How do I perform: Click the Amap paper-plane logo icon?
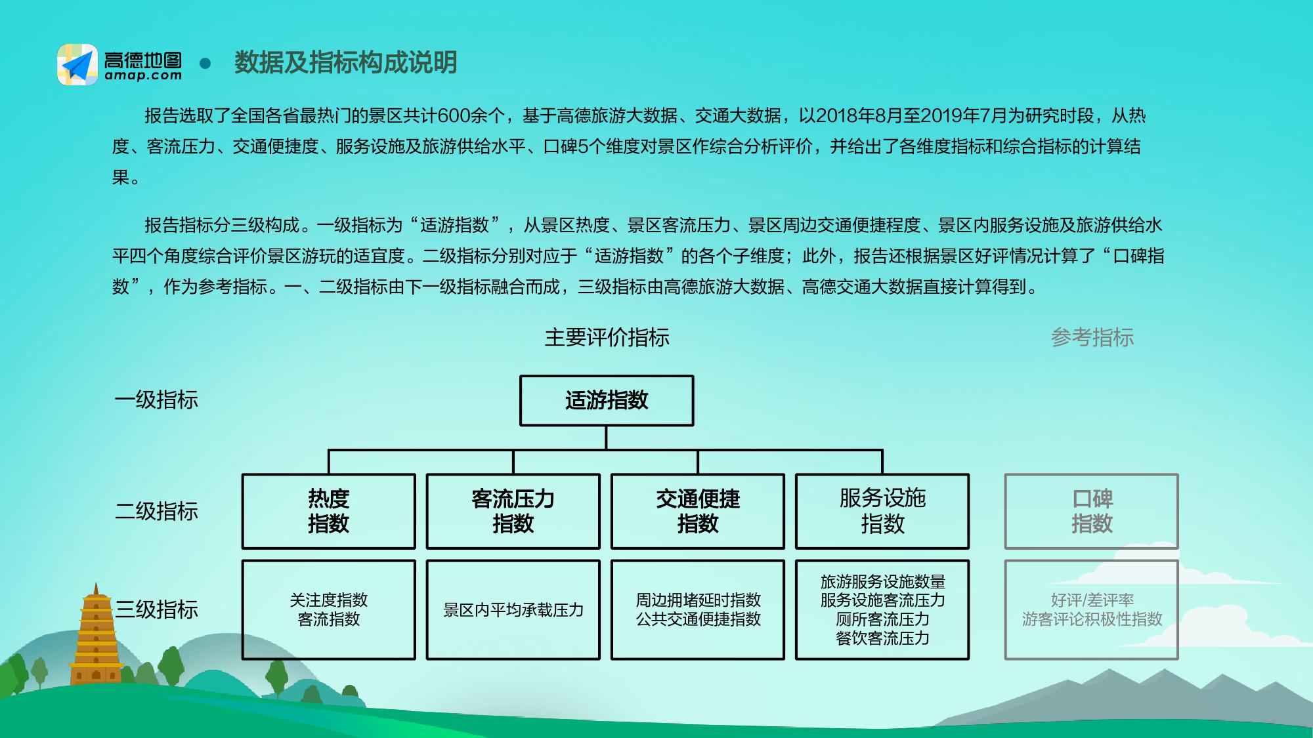77,64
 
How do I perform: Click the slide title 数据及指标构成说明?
345,63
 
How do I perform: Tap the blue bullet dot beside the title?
205,64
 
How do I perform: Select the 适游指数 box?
606,400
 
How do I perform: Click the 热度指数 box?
328,511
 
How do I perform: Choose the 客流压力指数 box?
513,511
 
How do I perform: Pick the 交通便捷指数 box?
697,511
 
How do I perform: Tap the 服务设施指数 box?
882,511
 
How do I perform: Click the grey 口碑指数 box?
1091,511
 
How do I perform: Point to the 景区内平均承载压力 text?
513,610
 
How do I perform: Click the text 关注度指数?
328,600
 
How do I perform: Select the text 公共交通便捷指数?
698,619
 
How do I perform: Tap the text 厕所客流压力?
882,619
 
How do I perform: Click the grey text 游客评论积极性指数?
1092,619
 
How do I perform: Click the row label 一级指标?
156,400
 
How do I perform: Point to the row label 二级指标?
156,511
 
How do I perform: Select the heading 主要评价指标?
607,338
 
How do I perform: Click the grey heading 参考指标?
1092,338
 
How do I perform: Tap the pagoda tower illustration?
97,636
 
